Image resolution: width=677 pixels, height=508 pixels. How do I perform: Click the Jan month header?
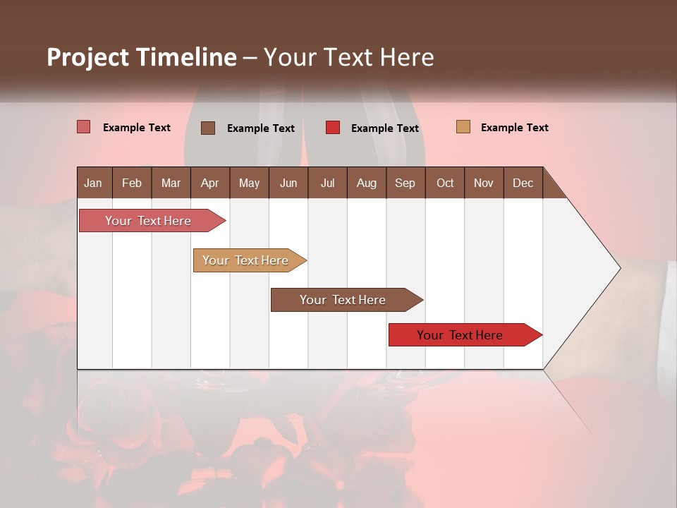(93, 183)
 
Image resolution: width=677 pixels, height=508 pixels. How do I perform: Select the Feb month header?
(132, 183)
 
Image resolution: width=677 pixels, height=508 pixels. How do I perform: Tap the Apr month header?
(209, 183)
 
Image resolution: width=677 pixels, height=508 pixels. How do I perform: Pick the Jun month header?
(288, 183)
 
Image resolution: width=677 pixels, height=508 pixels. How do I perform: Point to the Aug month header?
(366, 183)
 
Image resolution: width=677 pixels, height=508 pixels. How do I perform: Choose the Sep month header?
(405, 183)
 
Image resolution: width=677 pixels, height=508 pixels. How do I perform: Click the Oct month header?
(445, 183)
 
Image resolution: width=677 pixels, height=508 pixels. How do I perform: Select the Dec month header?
(523, 183)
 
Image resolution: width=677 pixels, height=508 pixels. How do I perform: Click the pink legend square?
(84, 127)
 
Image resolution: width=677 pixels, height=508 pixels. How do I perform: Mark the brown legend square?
(208, 128)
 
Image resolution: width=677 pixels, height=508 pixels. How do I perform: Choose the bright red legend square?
(333, 128)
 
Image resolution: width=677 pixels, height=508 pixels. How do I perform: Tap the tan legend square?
(463, 127)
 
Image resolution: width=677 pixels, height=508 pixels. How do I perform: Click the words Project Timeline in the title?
(142, 57)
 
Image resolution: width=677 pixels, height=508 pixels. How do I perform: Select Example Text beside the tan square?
(514, 128)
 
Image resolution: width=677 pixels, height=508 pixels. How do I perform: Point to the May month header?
(249, 183)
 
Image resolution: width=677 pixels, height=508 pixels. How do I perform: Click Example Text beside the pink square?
(137, 128)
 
